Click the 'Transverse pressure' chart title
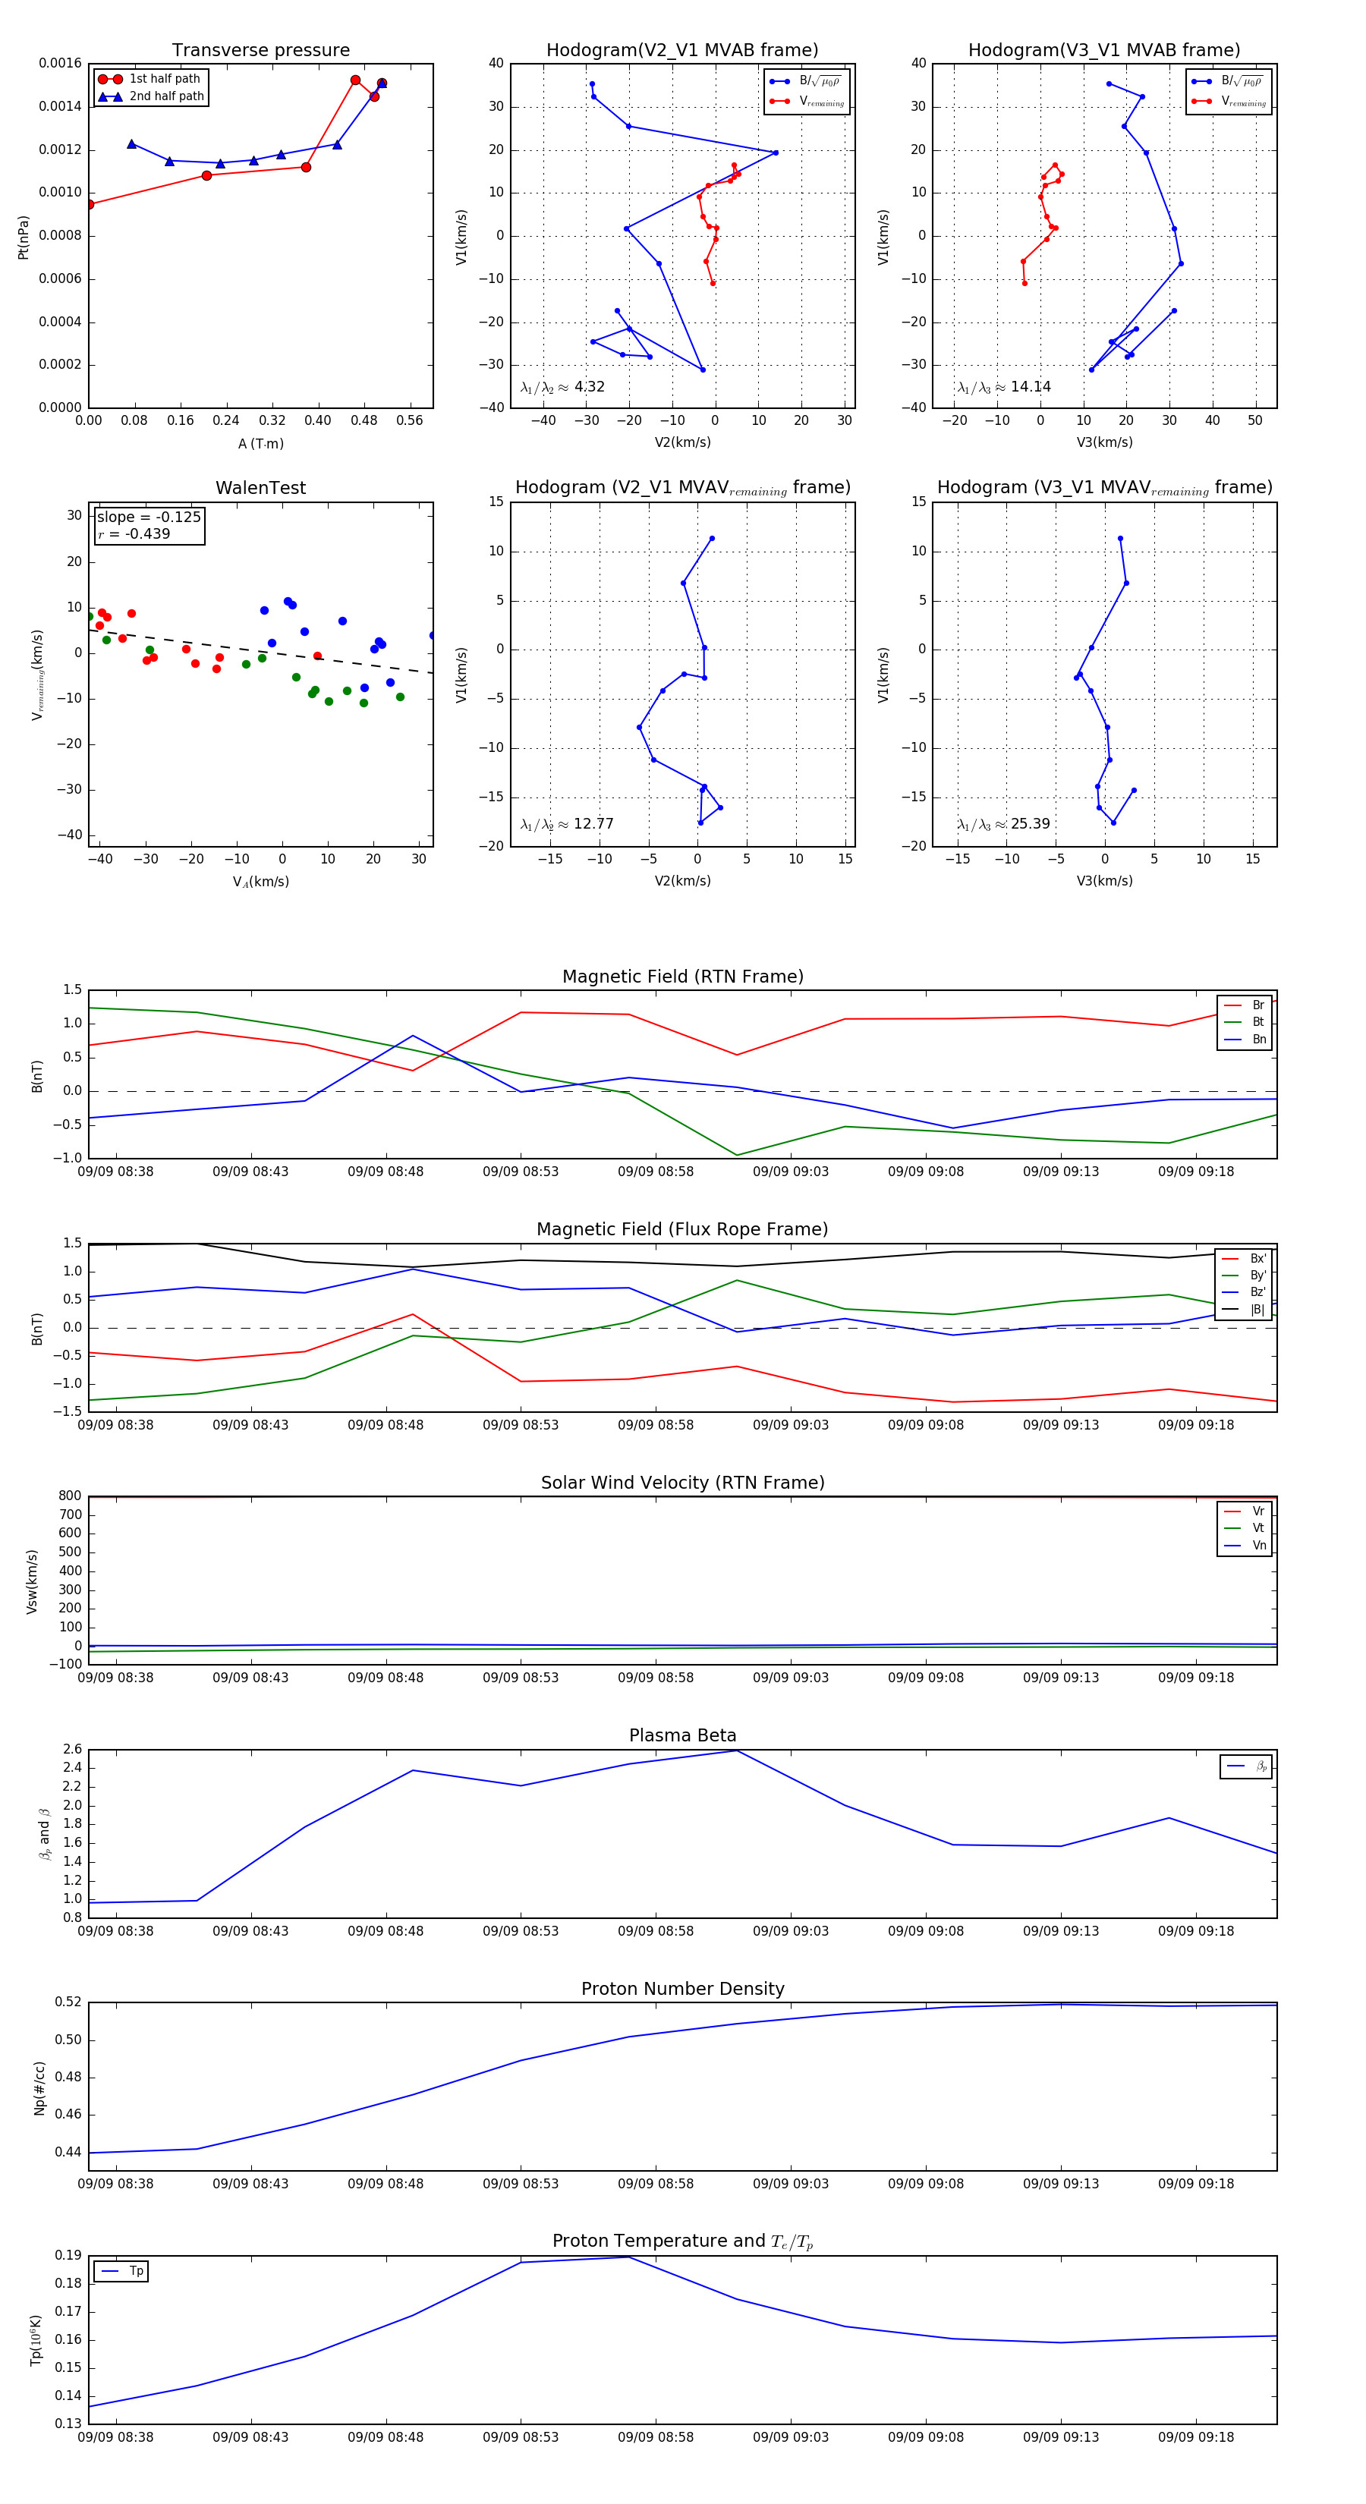point(260,51)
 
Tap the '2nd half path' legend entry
point(166,96)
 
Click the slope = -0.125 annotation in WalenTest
point(149,517)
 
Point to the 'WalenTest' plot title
point(260,488)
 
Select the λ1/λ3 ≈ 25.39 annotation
point(1003,824)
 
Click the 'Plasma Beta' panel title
point(682,1736)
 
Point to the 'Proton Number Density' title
point(682,1989)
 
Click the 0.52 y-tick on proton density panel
point(68,2002)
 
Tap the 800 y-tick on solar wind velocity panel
point(70,1496)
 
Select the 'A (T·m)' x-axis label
point(260,444)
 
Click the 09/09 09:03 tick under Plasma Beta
point(791,1930)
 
